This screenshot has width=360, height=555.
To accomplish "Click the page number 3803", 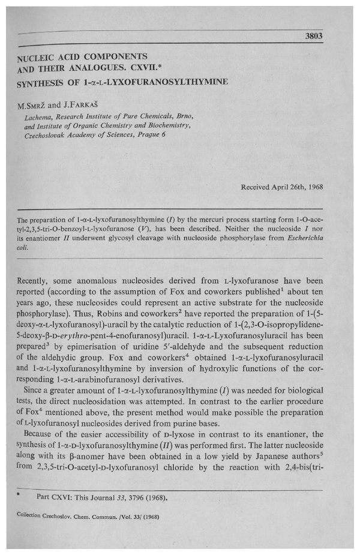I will pyautogui.click(x=313, y=35).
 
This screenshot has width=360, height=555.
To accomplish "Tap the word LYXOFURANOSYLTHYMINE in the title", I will pyautogui.click(x=173, y=81).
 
